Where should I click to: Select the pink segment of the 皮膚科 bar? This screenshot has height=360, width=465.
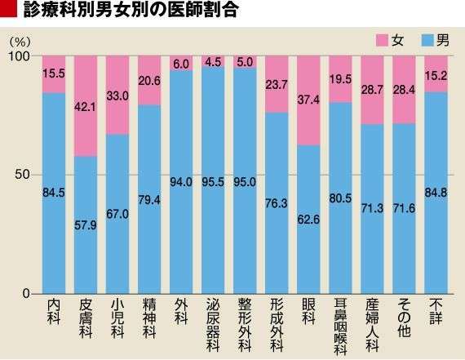86,105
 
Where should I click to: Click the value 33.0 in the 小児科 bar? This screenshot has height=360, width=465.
117,95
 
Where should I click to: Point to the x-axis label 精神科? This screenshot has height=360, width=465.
149,321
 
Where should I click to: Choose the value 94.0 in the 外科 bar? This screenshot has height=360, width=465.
181,182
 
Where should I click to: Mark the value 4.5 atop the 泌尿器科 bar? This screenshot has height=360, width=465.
214,61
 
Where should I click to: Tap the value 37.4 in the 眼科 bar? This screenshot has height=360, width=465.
309,100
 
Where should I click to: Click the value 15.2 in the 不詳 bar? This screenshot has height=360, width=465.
436,73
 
